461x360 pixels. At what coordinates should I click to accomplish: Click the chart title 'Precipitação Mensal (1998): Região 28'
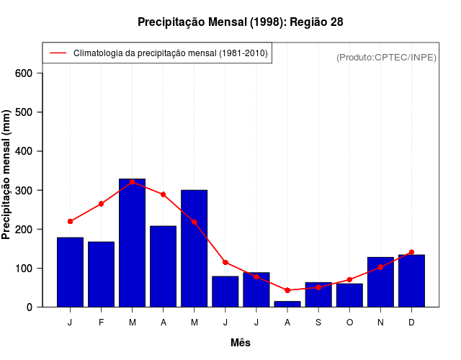[x=240, y=22]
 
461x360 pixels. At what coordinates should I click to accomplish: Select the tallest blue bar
[x=132, y=243]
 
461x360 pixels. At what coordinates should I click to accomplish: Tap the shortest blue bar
[x=287, y=304]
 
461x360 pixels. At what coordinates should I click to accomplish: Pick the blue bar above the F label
[x=101, y=274]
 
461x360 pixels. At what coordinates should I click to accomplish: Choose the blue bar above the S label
[x=318, y=294]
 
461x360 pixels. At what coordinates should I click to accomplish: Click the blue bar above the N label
[x=380, y=282]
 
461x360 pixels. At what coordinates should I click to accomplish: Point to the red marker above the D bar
[x=411, y=252]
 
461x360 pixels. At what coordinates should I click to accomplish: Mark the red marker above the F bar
[x=101, y=204]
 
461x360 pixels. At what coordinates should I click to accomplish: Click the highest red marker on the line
[x=132, y=182]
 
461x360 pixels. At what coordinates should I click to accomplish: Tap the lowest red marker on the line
[x=287, y=290]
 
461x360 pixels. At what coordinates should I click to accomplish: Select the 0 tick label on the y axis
[x=30, y=307]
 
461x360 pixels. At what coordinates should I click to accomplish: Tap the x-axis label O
[x=349, y=323]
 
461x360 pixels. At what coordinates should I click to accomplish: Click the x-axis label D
[x=411, y=323]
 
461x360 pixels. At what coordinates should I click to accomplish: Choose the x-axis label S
[x=318, y=323]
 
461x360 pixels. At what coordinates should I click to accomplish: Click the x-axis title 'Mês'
[x=240, y=343]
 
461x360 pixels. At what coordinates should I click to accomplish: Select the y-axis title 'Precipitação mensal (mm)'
[x=6, y=174]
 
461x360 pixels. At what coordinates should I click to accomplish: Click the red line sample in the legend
[x=58, y=53]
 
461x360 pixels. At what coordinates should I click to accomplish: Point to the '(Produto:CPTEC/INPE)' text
[x=386, y=57]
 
